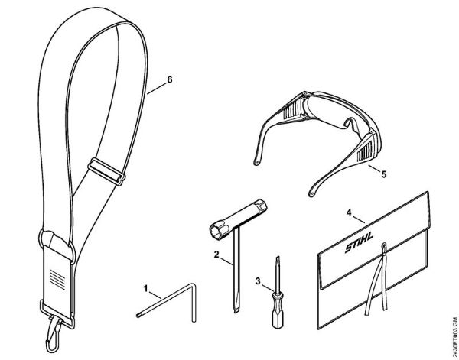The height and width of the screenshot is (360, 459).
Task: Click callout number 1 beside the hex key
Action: [146, 288]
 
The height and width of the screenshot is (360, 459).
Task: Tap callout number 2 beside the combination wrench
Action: [216, 254]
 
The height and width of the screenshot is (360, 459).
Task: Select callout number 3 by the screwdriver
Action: [258, 281]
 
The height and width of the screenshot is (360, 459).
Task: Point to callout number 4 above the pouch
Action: [349, 212]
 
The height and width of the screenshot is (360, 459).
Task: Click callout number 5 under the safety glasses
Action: [384, 174]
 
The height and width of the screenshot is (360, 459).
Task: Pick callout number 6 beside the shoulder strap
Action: [170, 79]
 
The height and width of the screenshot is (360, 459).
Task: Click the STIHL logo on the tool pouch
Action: [360, 243]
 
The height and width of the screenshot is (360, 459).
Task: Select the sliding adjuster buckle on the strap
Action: [107, 172]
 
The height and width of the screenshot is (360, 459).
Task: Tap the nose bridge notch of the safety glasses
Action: [347, 122]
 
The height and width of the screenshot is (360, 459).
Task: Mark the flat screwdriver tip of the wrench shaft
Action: [236, 310]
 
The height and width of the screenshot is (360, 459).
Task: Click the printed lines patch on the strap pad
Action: [57, 277]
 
